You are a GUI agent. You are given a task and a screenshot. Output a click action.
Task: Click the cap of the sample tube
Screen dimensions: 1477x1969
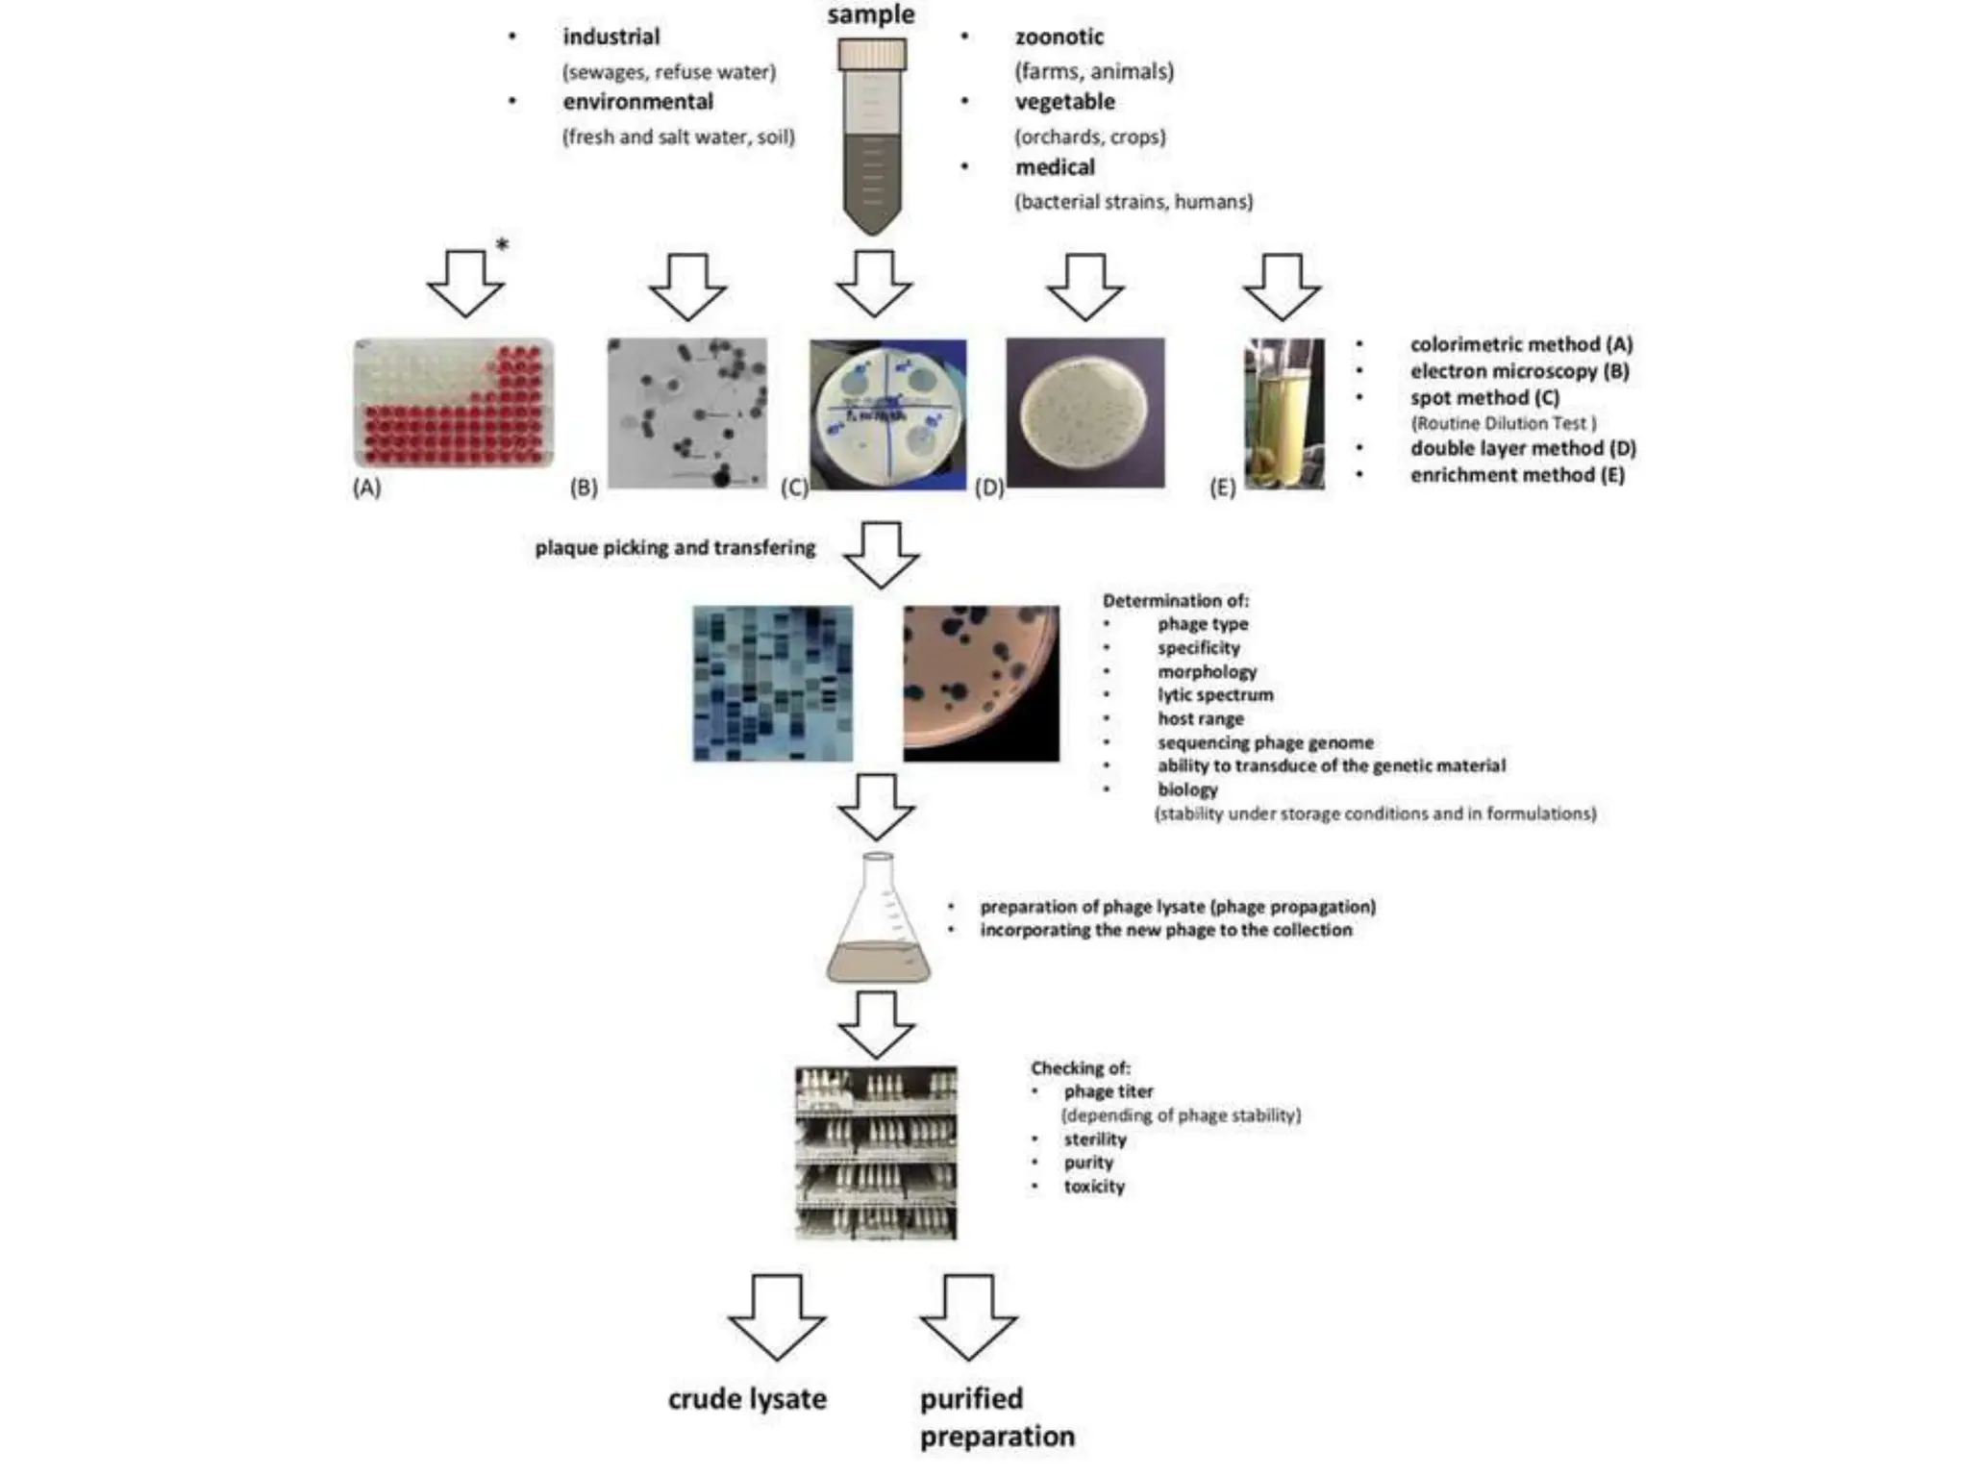[871, 55]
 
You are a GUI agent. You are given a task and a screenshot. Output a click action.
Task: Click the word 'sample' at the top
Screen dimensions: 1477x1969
[871, 14]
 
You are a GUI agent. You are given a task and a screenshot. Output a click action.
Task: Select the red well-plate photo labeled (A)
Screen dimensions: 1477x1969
[454, 403]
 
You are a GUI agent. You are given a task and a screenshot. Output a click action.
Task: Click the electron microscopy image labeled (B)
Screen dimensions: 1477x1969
[687, 413]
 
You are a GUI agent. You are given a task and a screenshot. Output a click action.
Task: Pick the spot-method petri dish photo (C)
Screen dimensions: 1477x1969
[887, 414]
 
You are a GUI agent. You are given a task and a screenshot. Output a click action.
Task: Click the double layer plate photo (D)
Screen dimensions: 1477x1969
[1084, 413]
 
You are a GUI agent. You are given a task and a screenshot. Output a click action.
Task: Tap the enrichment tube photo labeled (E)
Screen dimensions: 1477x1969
[1284, 413]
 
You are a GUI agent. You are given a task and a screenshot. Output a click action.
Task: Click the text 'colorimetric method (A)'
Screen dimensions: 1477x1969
[1521, 344]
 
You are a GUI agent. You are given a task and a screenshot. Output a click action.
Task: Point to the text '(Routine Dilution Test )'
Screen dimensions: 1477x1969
[1503, 423]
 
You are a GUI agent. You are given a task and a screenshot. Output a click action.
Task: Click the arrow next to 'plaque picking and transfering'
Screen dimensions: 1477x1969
[881, 555]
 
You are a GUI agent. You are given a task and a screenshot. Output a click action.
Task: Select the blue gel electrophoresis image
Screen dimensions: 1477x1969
[772, 684]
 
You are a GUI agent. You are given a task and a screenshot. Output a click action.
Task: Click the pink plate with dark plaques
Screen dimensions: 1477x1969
[981, 684]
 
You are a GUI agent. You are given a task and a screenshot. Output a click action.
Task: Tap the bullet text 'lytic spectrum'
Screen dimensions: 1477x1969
[1214, 694]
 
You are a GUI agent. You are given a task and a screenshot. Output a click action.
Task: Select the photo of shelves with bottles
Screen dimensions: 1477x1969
[876, 1152]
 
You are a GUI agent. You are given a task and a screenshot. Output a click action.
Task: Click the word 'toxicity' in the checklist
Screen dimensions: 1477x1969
[1093, 1187]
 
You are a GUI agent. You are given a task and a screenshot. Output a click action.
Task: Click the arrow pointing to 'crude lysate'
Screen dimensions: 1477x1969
[777, 1315]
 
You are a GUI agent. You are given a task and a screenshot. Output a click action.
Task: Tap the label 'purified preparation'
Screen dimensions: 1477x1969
[996, 1416]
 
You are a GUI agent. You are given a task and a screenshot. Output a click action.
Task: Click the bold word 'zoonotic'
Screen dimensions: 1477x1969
[1059, 37]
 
